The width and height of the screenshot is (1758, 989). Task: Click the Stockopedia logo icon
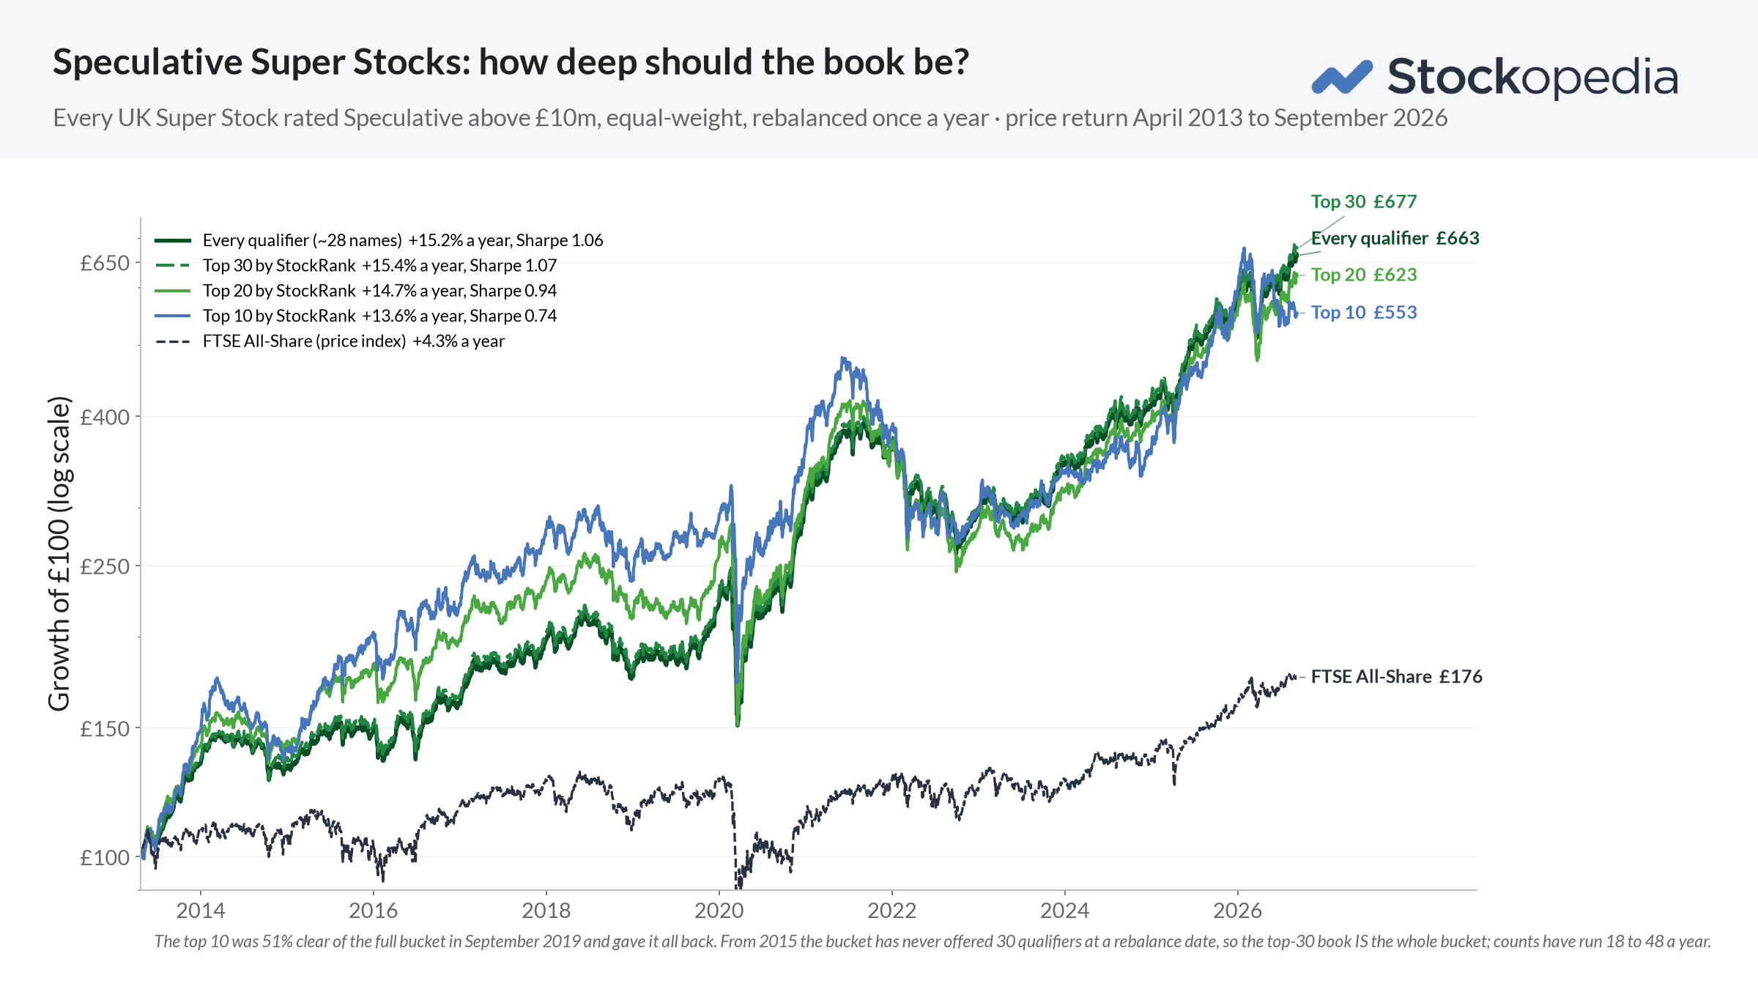coord(1342,77)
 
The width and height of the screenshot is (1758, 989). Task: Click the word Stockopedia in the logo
coord(1532,77)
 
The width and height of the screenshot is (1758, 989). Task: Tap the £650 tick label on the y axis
coord(105,263)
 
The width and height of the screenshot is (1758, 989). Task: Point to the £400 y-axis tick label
coord(105,417)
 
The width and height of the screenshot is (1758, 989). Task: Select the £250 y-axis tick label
coord(105,566)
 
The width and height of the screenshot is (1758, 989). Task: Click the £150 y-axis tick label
coord(105,729)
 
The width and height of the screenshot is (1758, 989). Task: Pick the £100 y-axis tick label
coord(105,857)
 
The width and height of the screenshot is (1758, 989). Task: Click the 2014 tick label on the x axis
coord(201,911)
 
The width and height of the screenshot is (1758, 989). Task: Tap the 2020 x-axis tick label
coord(719,911)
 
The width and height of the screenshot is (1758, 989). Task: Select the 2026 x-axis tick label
coord(1238,911)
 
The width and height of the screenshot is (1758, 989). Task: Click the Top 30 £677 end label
coord(1364,201)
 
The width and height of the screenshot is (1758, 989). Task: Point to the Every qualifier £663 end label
coord(1395,238)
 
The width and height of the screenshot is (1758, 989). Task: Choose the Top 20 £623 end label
coord(1364,275)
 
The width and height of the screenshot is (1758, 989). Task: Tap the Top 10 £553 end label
coord(1364,312)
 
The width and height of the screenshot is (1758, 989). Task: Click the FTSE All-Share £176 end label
coord(1397,676)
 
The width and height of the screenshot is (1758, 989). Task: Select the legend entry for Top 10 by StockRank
coord(356,316)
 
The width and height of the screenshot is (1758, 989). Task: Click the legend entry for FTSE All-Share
coord(330,341)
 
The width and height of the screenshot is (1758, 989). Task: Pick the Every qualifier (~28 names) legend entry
coord(379,240)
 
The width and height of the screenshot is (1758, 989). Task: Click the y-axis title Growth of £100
coord(59,554)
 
